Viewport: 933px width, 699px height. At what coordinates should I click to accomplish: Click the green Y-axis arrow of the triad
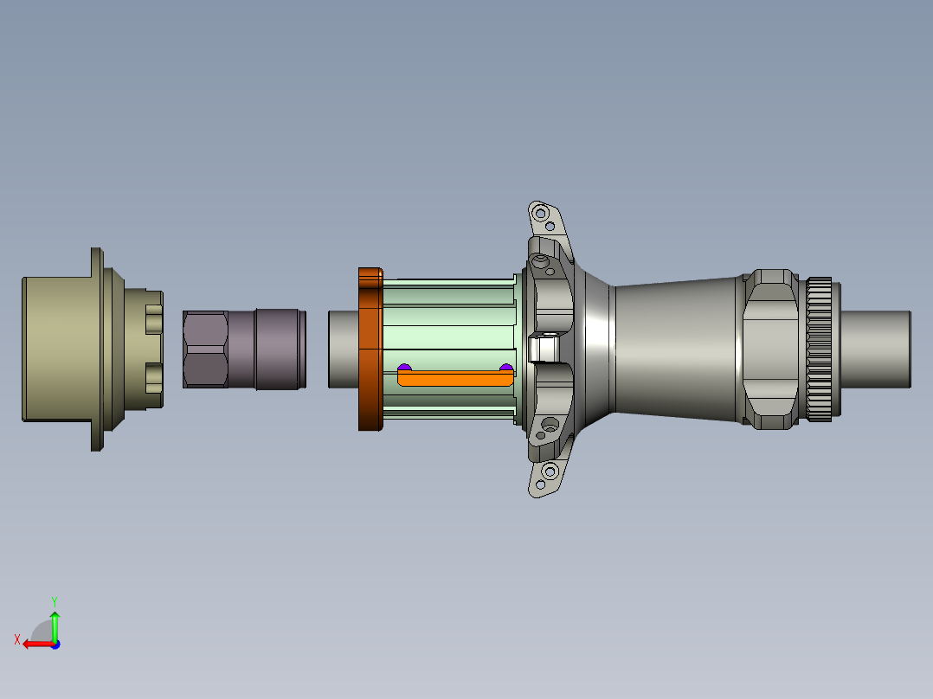55,625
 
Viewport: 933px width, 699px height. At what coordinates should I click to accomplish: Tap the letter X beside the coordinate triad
16,639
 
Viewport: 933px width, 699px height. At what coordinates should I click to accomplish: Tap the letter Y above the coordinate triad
54,600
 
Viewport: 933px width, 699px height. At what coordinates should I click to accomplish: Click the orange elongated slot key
454,378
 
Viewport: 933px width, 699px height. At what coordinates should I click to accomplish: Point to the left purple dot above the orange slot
403,368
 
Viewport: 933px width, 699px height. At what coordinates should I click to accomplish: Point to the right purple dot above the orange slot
505,368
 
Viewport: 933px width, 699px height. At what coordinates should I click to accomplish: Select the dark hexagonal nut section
206,349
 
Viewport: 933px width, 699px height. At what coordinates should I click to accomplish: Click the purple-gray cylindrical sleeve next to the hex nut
279,349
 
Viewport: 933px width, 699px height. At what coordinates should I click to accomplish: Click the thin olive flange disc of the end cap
96,349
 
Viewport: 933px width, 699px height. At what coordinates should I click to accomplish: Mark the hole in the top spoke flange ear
542,212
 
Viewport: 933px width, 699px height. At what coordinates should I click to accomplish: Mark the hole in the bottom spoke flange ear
549,472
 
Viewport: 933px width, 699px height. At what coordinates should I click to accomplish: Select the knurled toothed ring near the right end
820,349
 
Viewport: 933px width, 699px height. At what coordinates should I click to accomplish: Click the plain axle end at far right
874,349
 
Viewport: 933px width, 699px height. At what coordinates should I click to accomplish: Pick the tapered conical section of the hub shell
675,349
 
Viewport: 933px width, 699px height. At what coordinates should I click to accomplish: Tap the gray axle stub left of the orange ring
343,349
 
